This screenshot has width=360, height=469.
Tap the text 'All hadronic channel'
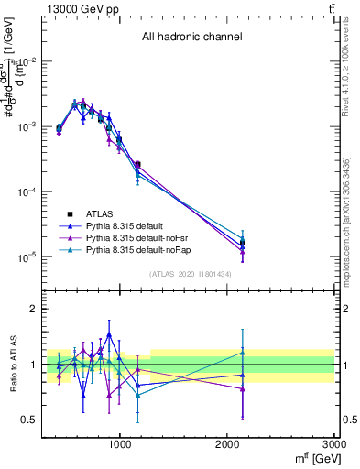point(191,38)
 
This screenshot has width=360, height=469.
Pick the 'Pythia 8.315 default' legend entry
point(137,225)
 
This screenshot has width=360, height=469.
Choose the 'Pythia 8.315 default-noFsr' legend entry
point(147,237)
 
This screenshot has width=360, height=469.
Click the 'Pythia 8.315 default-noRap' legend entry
point(148,249)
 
